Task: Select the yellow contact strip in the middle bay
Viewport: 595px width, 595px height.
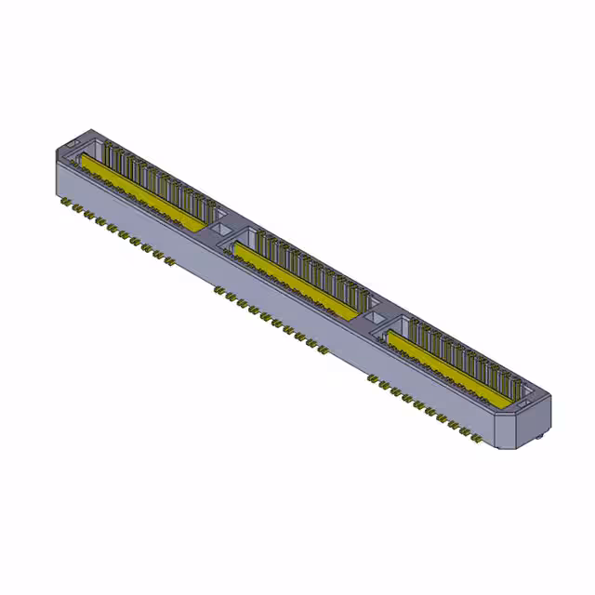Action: [x=297, y=279]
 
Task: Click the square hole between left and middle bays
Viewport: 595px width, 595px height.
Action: [x=221, y=226]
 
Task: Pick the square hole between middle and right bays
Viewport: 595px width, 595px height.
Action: [x=377, y=318]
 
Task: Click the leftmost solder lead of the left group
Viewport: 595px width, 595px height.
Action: [x=65, y=201]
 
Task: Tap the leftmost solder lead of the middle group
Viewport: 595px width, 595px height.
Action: [x=218, y=289]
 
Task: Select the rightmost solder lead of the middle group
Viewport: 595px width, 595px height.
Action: [x=322, y=350]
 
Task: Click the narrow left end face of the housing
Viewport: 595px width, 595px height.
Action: [x=58, y=167]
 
